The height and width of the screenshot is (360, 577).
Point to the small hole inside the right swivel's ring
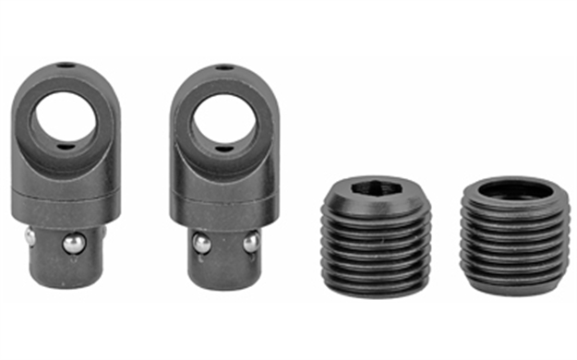click(x=221, y=145)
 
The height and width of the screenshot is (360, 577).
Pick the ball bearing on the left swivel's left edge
click(x=30, y=238)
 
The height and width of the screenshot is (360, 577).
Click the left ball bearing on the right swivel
click(x=199, y=243)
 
